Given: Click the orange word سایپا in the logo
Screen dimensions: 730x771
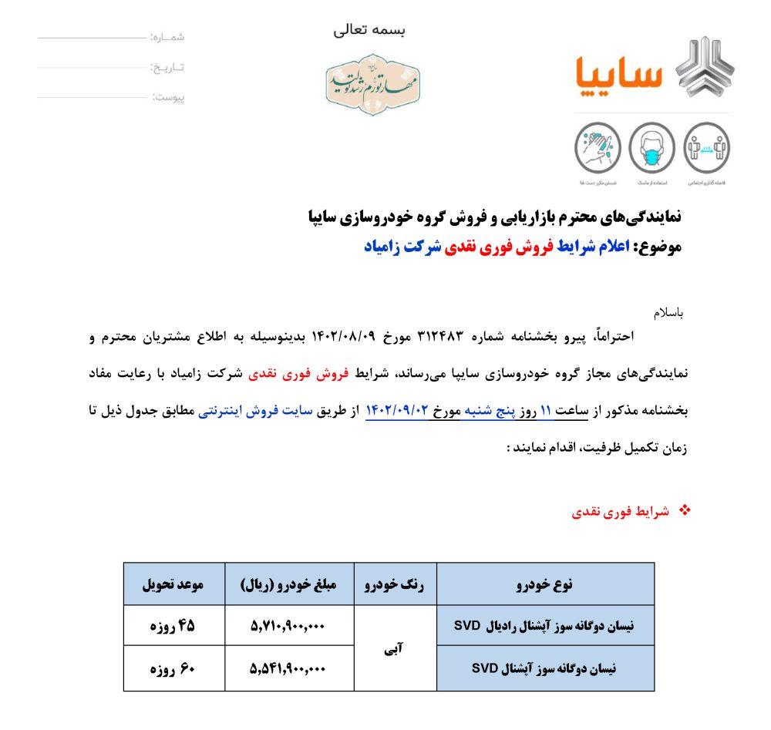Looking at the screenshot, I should (x=619, y=72).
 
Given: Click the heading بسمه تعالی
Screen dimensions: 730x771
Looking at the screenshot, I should (x=369, y=30).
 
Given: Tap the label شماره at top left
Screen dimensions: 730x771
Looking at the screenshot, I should (x=168, y=37).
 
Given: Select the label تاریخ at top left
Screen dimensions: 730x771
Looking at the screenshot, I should (x=167, y=67).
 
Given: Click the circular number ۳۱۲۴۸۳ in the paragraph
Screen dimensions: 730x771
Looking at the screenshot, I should (x=439, y=336).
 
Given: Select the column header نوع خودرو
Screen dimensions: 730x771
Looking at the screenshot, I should (x=545, y=584).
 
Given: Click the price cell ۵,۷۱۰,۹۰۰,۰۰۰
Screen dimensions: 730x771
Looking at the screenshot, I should (x=288, y=627).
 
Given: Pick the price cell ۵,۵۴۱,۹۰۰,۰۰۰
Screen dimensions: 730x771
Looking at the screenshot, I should (x=288, y=669).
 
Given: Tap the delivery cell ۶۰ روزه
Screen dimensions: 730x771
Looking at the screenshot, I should (x=172, y=669).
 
